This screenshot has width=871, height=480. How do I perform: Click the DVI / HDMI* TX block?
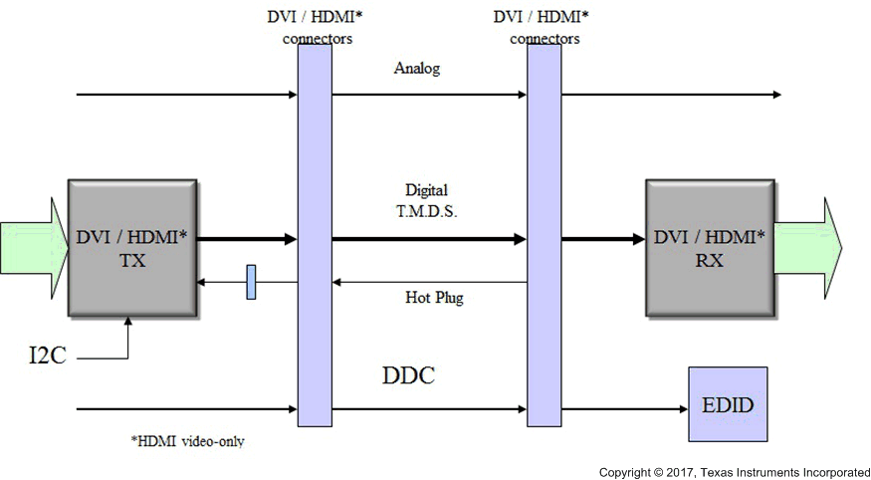tap(130, 249)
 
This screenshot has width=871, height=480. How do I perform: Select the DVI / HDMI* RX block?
tap(710, 248)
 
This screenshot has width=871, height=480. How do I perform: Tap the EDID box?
tap(728, 404)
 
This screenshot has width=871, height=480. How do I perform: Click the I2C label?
tap(47, 356)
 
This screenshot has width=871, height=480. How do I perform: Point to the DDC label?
tap(409, 376)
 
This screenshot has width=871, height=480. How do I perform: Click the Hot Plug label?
tap(434, 298)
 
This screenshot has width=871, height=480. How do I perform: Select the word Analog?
tap(417, 70)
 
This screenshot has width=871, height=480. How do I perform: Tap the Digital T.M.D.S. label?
tap(426, 198)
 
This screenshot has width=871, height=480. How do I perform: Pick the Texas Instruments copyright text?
tap(734, 471)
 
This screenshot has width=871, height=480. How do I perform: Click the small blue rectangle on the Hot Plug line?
tap(251, 282)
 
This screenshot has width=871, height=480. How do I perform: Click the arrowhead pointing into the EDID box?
tap(682, 408)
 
